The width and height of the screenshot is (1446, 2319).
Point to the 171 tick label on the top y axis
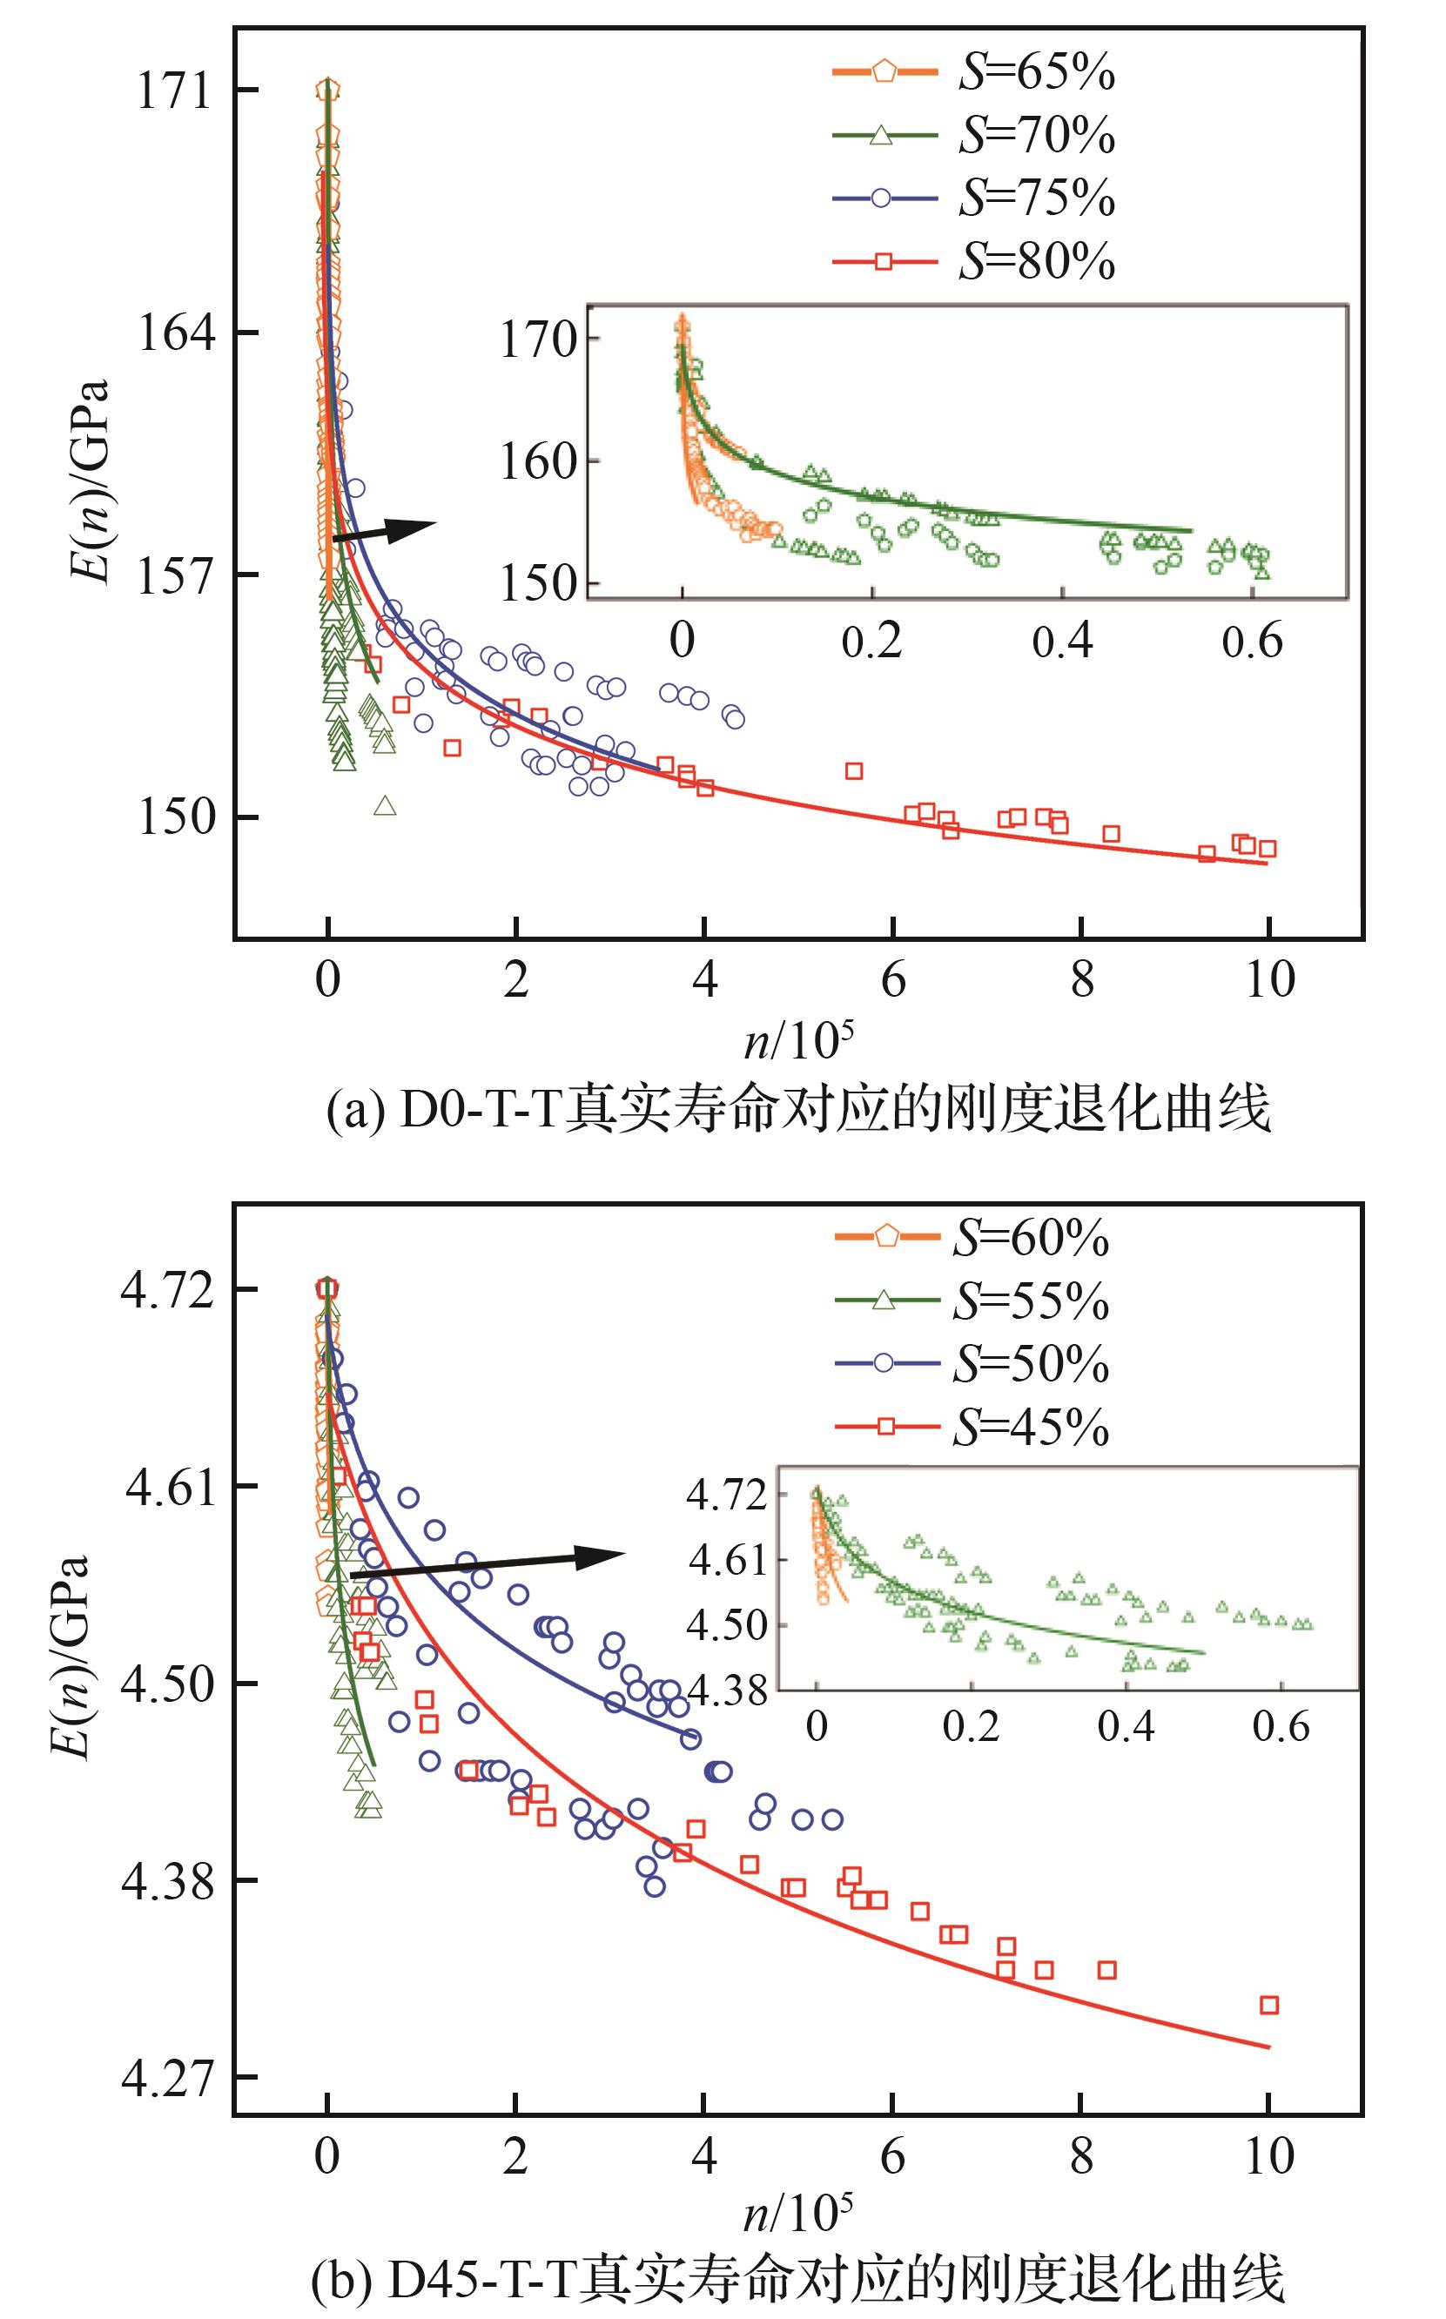(x=173, y=91)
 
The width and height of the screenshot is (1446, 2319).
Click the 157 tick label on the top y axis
(x=173, y=575)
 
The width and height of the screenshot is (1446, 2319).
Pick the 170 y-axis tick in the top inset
(x=537, y=339)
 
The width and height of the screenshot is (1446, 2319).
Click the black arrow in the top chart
(x=382, y=531)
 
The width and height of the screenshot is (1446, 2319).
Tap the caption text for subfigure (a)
(x=798, y=1110)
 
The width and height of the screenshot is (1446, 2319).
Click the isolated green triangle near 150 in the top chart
(x=385, y=806)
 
